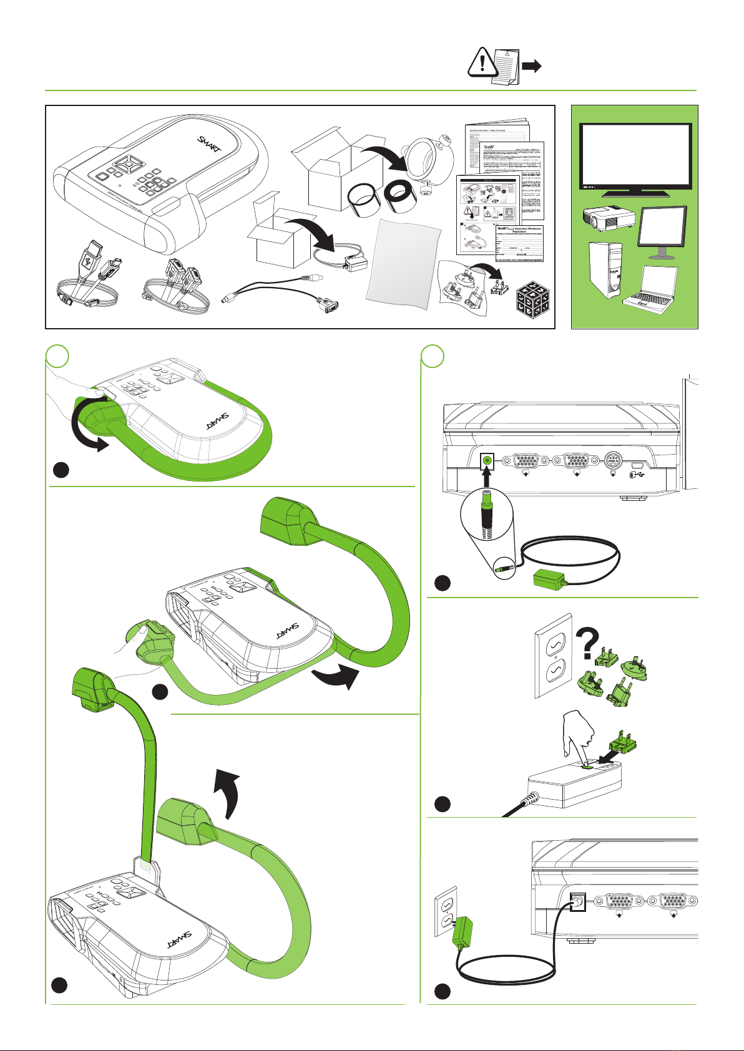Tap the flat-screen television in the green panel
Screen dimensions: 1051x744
click(x=635, y=157)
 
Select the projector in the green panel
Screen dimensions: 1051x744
click(x=607, y=218)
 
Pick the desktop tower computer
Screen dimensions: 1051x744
click(x=605, y=271)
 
